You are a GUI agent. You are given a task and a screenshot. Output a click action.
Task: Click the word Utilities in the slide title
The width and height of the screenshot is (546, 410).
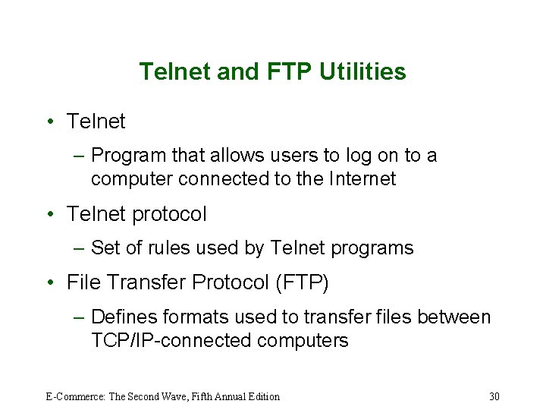[362, 72]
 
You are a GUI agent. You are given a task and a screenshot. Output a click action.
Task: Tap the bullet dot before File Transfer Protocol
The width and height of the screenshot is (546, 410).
[49, 283]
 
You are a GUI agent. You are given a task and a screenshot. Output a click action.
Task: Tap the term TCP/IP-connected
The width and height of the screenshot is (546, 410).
[171, 341]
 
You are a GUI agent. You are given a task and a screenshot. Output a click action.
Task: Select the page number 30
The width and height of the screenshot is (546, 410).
[494, 396]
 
